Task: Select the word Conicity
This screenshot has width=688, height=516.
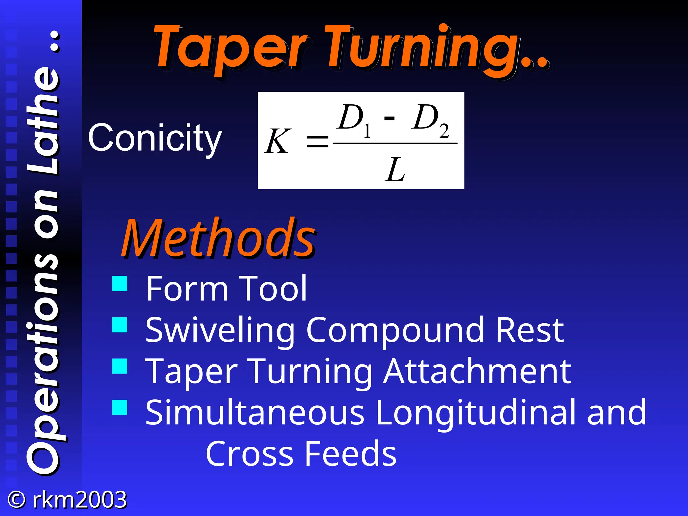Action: point(155,138)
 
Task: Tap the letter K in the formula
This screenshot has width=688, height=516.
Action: point(277,142)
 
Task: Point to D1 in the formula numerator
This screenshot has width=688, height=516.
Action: point(354,119)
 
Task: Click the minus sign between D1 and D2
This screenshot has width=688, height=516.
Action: point(389,118)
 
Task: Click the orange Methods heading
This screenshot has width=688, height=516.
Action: point(219,239)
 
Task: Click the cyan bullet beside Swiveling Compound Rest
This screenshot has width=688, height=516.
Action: point(120,325)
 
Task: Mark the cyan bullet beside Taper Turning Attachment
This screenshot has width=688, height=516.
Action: point(120,366)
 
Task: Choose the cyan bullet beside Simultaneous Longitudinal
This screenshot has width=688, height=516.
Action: point(120,407)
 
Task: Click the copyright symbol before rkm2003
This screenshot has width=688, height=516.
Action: point(16,500)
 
